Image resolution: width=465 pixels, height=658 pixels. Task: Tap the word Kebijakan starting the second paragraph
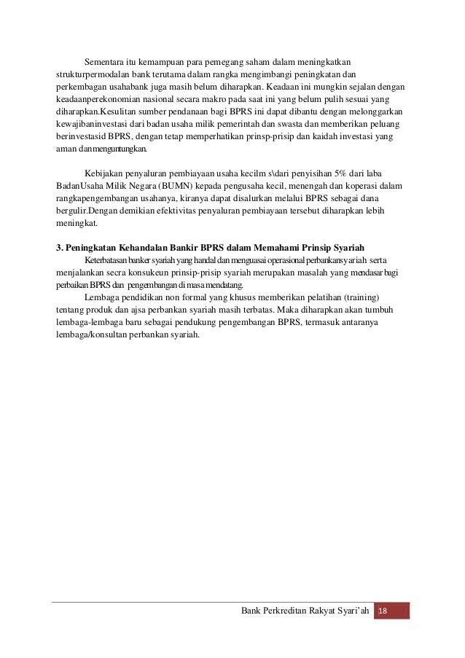(105, 175)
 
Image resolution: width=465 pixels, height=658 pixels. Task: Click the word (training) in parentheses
(329, 297)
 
